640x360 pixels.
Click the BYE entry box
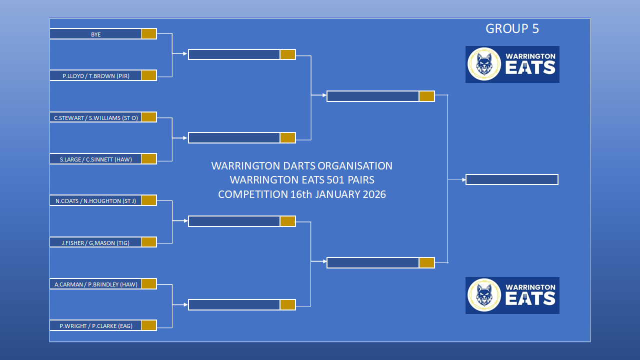click(x=95, y=34)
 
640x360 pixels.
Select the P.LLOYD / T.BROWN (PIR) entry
click(x=95, y=75)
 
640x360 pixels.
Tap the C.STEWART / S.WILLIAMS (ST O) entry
click(x=95, y=117)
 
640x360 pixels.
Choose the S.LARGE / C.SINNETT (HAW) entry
click(x=95, y=159)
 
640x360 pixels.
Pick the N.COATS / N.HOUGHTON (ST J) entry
click(x=95, y=200)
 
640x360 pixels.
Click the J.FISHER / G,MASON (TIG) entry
click(x=95, y=242)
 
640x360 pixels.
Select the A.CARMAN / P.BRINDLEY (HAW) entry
click(x=95, y=284)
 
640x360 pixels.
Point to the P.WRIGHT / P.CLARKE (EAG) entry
click(x=95, y=325)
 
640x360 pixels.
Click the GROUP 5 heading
click(x=512, y=28)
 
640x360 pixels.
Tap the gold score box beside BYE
click(x=149, y=33)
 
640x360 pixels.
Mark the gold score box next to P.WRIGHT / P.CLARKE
click(x=149, y=325)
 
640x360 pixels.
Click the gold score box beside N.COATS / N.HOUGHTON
click(x=149, y=200)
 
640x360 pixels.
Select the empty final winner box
click(x=512, y=179)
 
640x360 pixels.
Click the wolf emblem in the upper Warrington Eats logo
click(x=484, y=64)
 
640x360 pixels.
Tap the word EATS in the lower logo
click(x=530, y=298)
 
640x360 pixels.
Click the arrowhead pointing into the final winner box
click(x=464, y=179)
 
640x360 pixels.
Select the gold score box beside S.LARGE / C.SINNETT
click(x=149, y=159)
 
